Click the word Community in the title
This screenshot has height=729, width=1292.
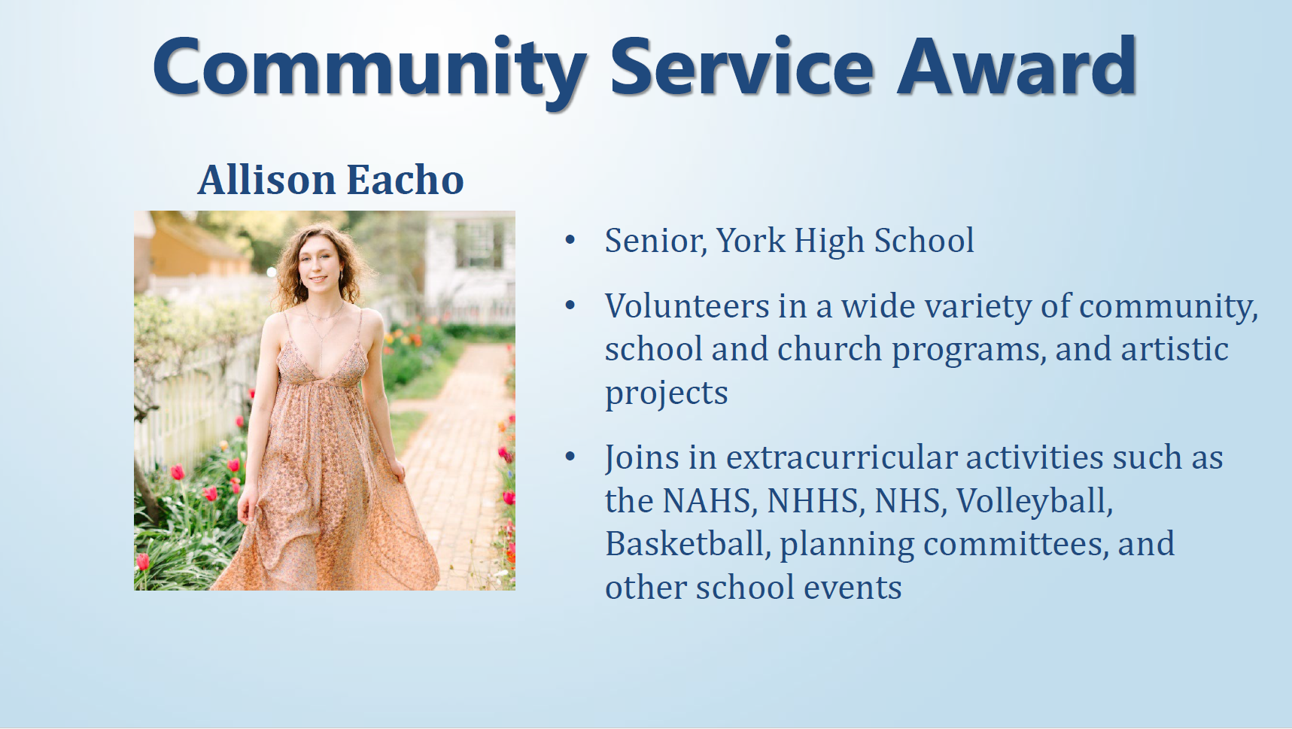coord(369,68)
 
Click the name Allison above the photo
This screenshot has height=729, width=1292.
coord(266,181)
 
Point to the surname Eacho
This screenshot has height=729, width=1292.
coord(405,181)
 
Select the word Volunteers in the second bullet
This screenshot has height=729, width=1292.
coord(687,306)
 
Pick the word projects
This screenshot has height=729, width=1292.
coord(666,393)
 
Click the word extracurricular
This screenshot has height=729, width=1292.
coord(841,457)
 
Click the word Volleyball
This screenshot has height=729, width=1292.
coord(1034,502)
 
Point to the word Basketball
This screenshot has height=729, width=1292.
coord(688,544)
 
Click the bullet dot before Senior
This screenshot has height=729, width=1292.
coord(570,240)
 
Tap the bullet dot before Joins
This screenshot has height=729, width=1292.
coord(570,457)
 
